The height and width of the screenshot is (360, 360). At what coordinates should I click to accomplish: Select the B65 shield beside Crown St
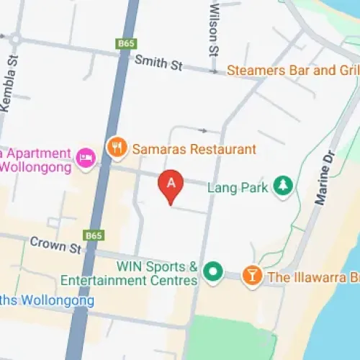point(93,235)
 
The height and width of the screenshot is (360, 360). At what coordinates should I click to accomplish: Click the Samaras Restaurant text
point(193,150)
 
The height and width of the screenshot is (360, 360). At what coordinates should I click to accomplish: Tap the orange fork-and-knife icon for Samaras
point(116,148)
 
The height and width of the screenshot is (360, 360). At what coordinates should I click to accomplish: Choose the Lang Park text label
point(238,188)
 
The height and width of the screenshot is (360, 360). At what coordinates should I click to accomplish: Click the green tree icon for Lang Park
point(284,186)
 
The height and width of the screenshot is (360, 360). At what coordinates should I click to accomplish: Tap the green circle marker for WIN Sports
point(212,272)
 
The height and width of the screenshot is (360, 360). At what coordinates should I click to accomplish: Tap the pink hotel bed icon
point(85,158)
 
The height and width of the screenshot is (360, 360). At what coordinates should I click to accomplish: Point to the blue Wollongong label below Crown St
point(47,300)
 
